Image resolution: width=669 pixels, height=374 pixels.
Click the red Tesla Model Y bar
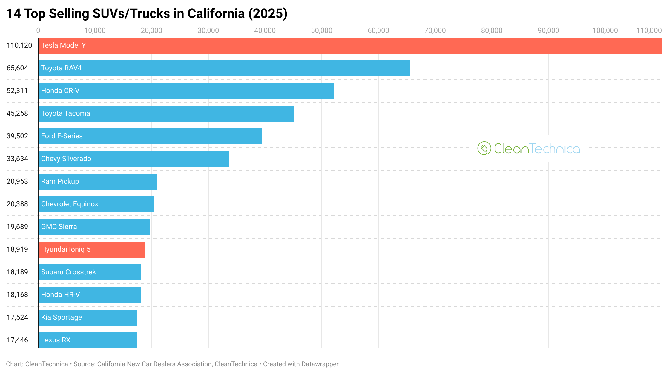(x=349, y=46)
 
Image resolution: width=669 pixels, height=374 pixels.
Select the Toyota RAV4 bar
(x=224, y=68)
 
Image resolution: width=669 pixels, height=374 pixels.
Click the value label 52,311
(x=17, y=91)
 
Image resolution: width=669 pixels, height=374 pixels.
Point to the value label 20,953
(x=17, y=181)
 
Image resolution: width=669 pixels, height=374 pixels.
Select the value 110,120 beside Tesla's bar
(x=19, y=45)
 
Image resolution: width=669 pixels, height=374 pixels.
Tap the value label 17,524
(x=17, y=317)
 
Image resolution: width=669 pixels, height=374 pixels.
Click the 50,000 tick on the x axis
(x=322, y=30)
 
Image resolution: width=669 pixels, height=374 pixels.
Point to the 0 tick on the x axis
(x=38, y=30)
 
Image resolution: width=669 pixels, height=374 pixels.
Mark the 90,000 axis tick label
(x=548, y=30)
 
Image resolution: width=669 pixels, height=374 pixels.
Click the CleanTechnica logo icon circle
(x=484, y=148)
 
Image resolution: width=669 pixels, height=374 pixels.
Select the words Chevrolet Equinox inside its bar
(x=70, y=204)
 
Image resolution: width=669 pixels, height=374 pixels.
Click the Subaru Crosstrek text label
(x=68, y=272)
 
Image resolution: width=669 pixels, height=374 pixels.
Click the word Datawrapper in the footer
(x=320, y=364)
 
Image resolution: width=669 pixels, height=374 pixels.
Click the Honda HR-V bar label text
(x=60, y=295)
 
